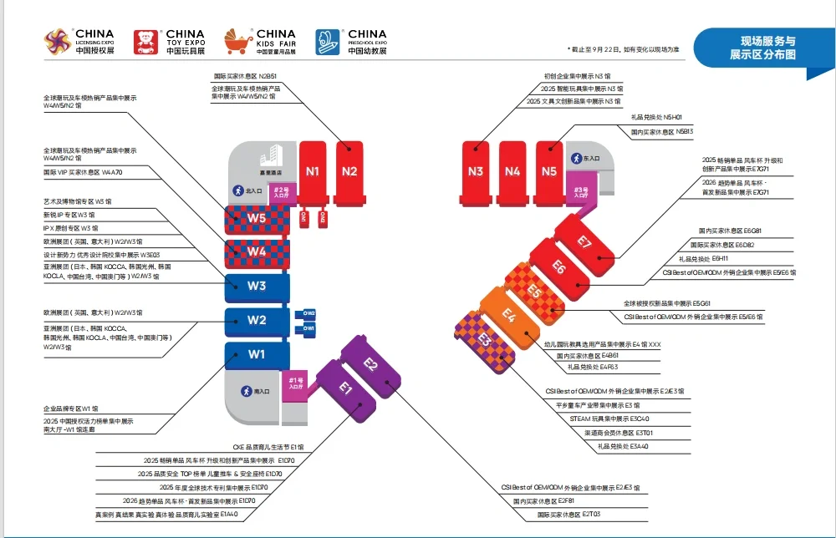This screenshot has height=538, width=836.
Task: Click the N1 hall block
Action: coord(313,172)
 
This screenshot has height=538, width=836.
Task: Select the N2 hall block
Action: coord(349,172)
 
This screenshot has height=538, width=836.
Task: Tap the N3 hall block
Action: coord(476,172)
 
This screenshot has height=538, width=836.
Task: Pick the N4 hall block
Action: coord(512,172)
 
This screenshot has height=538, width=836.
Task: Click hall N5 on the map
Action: coord(548,172)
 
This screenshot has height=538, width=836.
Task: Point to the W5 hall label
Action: coord(257,220)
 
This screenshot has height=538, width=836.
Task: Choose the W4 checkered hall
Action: coord(257,251)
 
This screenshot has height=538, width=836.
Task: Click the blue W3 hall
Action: coord(257,287)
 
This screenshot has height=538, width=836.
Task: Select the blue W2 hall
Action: coord(257,320)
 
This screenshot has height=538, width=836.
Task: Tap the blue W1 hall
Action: coord(257,354)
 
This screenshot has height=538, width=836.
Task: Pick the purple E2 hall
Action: coord(371,365)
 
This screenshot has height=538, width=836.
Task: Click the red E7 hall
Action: coord(584,243)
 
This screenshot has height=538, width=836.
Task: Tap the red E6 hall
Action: coord(559,267)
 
